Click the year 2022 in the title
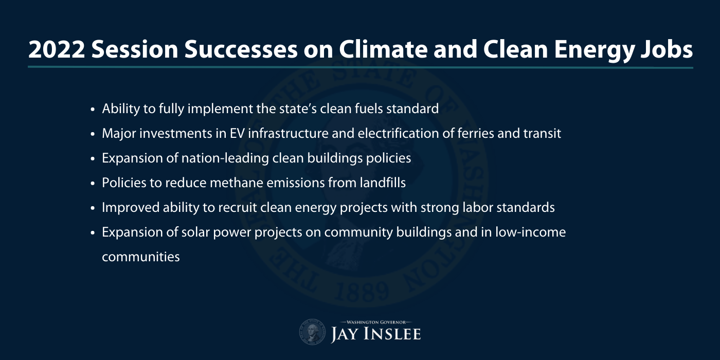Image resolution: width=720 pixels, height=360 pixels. (x=57, y=49)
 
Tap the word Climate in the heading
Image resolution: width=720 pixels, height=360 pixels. (x=384, y=49)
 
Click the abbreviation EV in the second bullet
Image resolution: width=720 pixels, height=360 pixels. (x=237, y=133)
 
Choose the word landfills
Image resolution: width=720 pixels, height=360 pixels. (x=383, y=183)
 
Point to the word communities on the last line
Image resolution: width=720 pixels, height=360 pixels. (x=141, y=257)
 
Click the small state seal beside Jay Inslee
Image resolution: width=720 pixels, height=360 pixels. (x=313, y=332)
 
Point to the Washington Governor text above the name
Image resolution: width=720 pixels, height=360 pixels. (x=376, y=322)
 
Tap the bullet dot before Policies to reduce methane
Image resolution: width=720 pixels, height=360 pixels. (x=93, y=184)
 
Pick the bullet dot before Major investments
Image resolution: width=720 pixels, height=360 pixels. (x=93, y=134)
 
